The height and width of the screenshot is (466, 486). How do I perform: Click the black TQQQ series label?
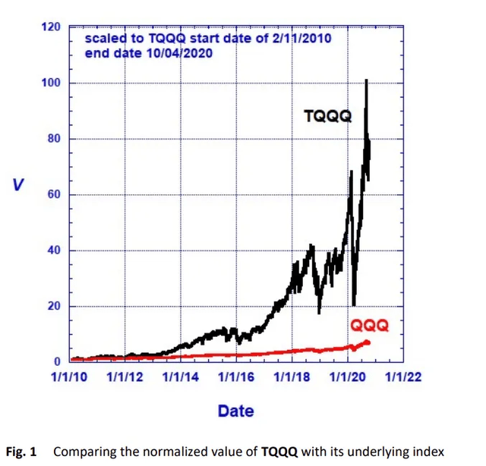(328, 117)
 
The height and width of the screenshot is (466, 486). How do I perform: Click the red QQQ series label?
(369, 326)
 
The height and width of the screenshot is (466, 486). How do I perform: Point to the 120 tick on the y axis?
(51, 27)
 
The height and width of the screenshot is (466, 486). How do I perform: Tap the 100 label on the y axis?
(51, 83)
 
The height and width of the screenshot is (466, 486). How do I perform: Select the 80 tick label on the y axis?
(54, 138)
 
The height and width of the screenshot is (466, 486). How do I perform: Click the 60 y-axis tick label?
(54, 194)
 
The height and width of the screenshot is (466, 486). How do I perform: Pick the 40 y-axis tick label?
(54, 250)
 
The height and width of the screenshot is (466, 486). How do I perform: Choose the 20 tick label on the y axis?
(54, 306)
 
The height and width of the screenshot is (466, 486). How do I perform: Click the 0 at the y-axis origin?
(57, 361)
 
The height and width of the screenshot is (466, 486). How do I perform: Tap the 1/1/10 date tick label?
(69, 377)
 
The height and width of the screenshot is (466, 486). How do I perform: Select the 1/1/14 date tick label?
(181, 377)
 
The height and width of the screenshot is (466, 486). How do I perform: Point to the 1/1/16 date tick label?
(236, 377)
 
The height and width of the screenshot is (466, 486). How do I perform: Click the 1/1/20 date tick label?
(348, 377)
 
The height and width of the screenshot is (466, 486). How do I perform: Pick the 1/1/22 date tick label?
(403, 377)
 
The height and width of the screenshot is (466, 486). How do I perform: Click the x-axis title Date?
(236, 411)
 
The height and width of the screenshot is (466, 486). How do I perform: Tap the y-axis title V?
(18, 185)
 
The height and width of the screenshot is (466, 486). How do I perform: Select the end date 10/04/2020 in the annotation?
(179, 53)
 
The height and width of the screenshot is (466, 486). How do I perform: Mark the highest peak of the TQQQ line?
(366, 80)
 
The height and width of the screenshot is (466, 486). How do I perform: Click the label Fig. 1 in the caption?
(21, 452)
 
